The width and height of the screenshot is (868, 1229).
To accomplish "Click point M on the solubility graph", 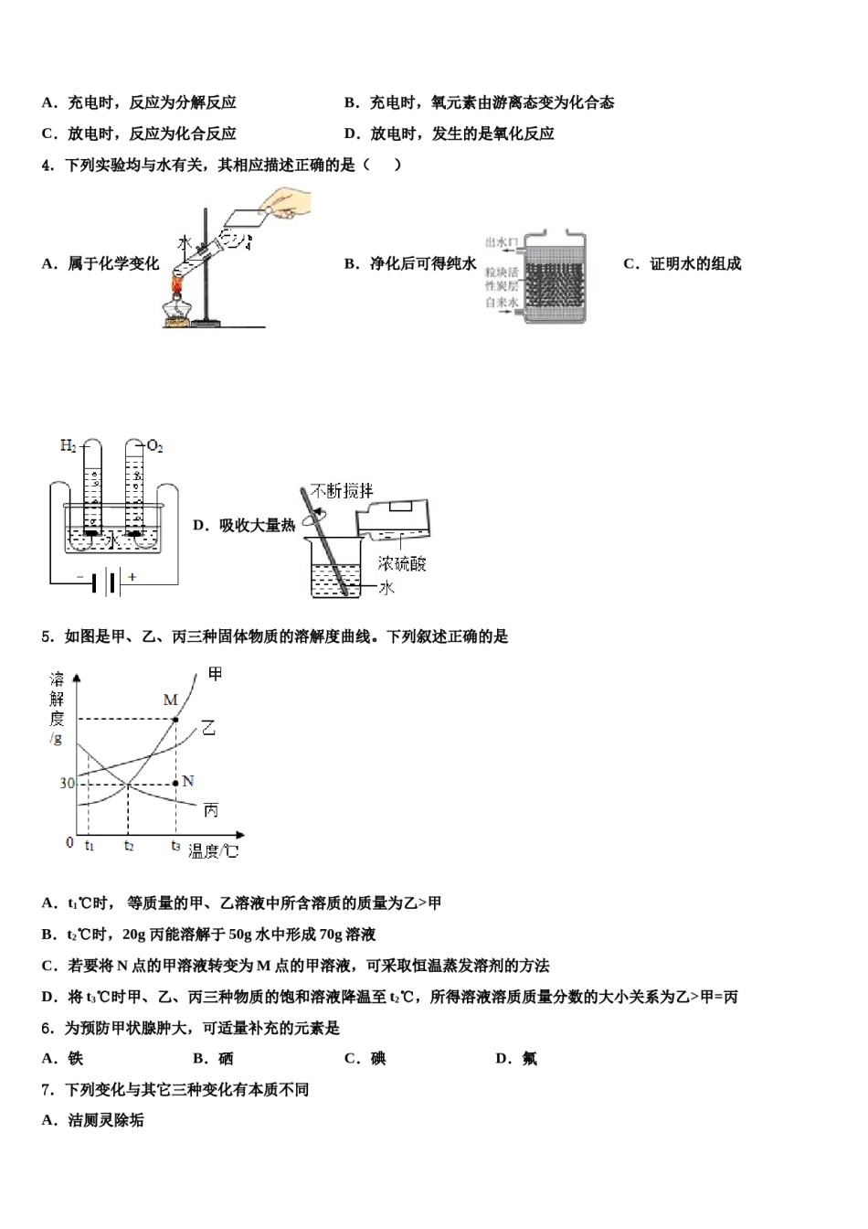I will (175, 719).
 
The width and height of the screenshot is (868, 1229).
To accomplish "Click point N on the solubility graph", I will (175, 784).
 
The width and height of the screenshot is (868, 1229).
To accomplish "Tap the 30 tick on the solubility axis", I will (67, 784).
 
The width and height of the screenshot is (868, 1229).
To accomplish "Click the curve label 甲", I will (215, 674).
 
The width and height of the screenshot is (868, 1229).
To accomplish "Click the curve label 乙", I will (209, 728).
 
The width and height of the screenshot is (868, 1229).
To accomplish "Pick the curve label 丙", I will (211, 810).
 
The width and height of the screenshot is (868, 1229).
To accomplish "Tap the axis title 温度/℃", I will (213, 851).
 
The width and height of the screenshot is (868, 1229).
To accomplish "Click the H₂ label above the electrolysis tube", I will (69, 445).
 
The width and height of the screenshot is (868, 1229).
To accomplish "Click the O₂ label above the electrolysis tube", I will (154, 446).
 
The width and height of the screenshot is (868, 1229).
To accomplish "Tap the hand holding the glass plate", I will (285, 203).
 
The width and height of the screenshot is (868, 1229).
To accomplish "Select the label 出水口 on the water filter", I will (502, 242).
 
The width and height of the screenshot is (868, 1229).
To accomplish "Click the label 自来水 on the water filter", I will (502, 303).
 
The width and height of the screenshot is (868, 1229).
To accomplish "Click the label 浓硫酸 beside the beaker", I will (402, 564).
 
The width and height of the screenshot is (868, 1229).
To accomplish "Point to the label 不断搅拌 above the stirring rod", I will (342, 491).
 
